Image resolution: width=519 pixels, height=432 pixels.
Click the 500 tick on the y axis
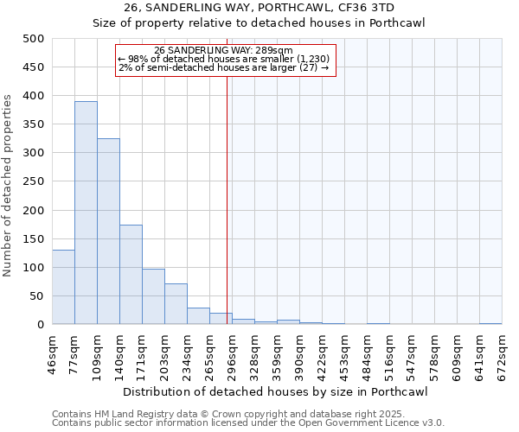coord(34,39)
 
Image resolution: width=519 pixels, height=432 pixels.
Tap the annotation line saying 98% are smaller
coord(223,59)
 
